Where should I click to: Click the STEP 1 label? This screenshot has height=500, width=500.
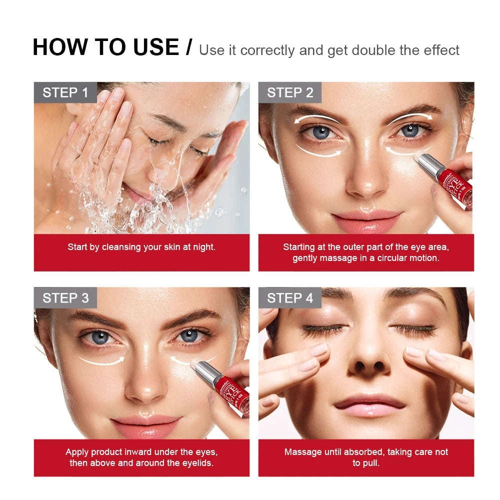pos(65,92)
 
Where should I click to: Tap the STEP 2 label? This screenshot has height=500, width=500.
pos(290,92)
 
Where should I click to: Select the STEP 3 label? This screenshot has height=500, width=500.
pos(65,298)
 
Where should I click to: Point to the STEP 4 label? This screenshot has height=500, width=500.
pos(290,298)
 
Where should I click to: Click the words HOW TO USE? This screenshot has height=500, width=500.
pos(105,47)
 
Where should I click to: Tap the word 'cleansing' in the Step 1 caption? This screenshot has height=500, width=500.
pos(126,247)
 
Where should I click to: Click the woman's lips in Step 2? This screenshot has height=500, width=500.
pos(367,219)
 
